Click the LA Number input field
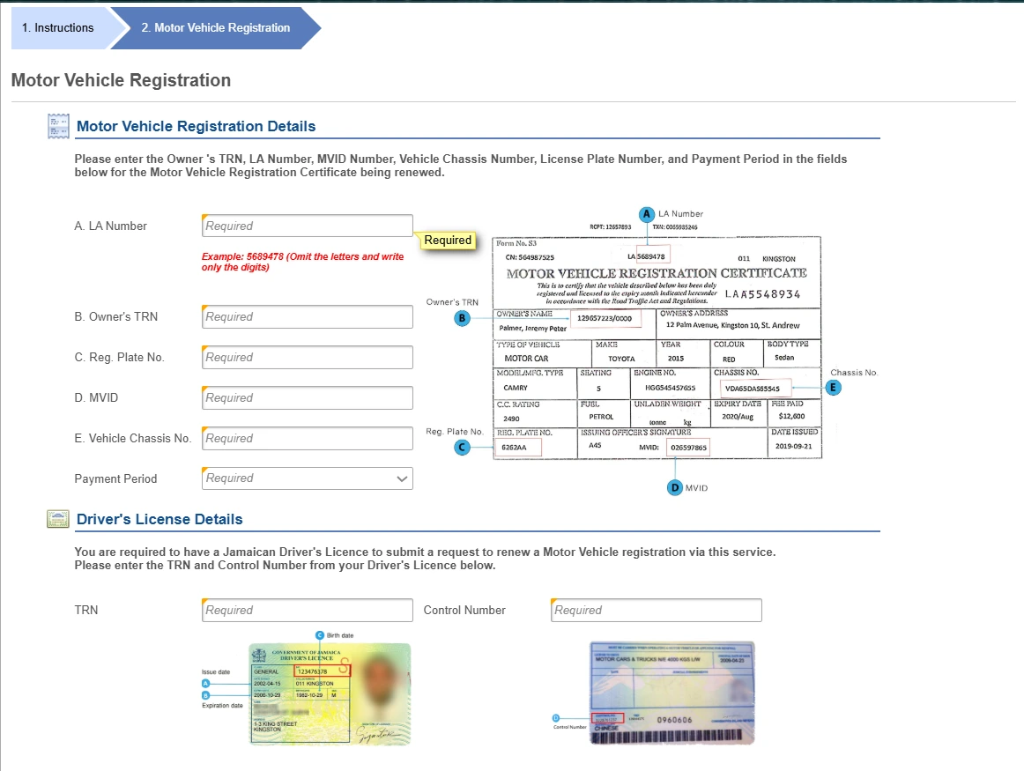pos(307,226)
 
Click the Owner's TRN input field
pos(307,316)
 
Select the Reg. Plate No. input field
pos(307,357)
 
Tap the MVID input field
pos(307,397)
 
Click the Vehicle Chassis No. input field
pos(307,438)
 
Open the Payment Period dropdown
pos(307,478)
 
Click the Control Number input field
pos(656,610)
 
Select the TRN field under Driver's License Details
pos(307,610)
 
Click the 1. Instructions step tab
pos(58,28)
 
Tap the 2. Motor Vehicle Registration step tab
pos(215,28)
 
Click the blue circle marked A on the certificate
pos(647,214)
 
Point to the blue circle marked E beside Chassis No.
pos(834,387)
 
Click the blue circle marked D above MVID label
pos(675,487)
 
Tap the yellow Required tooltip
pos(448,241)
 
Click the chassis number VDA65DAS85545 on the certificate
pos(752,388)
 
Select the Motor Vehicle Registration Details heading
pos(196,126)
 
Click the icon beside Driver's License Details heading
pos(58,519)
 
